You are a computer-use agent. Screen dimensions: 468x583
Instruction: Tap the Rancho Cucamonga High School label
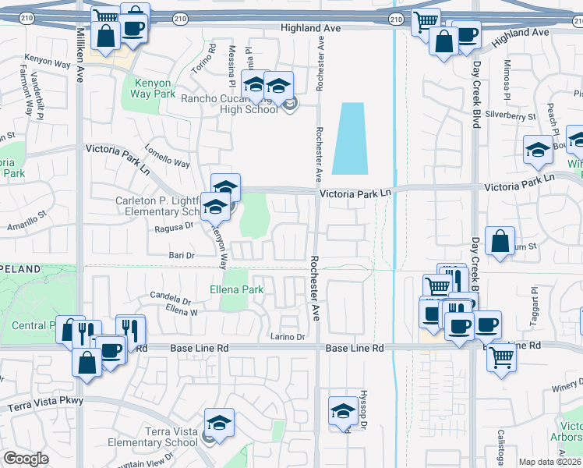229,105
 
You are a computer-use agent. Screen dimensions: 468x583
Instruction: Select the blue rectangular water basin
348,138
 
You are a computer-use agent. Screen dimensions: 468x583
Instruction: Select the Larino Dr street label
288,337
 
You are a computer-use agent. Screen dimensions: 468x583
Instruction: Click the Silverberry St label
511,115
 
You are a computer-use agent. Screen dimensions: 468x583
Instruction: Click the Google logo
26,459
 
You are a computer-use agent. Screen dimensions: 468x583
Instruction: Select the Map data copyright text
550,462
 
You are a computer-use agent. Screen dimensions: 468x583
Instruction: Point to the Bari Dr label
181,255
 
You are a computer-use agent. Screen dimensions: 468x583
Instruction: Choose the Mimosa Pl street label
507,78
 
